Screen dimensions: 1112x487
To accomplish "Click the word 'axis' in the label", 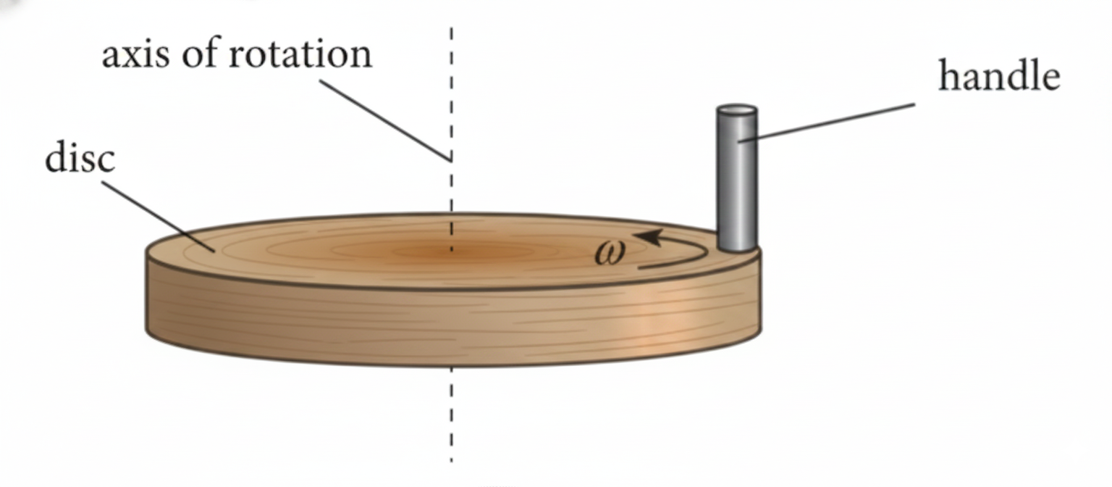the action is (x=135, y=54).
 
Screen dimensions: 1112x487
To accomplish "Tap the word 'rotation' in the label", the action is (x=300, y=53).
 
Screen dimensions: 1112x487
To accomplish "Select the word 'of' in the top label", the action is (x=200, y=53).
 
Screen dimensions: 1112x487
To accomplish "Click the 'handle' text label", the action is (x=999, y=75).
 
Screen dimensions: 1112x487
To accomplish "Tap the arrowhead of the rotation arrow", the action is (x=649, y=237).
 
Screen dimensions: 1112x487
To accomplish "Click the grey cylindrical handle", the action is (x=737, y=178).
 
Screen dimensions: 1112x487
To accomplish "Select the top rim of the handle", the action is (x=737, y=111).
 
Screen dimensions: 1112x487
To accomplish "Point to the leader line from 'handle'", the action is (x=827, y=122).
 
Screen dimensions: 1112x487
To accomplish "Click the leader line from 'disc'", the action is (x=159, y=217).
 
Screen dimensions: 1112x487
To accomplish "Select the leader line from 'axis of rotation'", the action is (x=385, y=121).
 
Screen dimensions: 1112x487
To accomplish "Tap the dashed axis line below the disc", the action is (x=451, y=415).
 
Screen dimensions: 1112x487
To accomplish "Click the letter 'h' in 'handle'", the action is (x=948, y=75).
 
